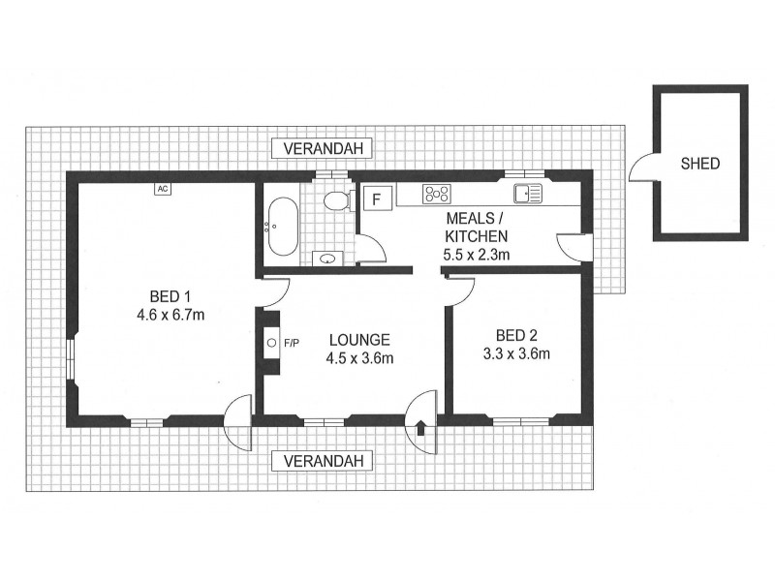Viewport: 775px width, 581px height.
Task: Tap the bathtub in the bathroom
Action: pyautogui.click(x=283, y=227)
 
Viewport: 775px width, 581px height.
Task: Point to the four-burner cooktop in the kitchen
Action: pyautogui.click(x=437, y=195)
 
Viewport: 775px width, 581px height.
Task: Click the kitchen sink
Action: pyautogui.click(x=529, y=194)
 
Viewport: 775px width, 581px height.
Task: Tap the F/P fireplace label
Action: pyautogui.click(x=290, y=343)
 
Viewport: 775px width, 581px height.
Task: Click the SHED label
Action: pyautogui.click(x=699, y=164)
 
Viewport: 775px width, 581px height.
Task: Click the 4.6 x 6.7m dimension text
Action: pyautogui.click(x=170, y=314)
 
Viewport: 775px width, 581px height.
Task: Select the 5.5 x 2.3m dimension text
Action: pyautogui.click(x=476, y=255)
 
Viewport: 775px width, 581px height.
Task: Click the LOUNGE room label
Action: pyautogui.click(x=358, y=340)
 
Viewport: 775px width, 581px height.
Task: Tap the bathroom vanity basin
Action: pyautogui.click(x=328, y=259)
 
